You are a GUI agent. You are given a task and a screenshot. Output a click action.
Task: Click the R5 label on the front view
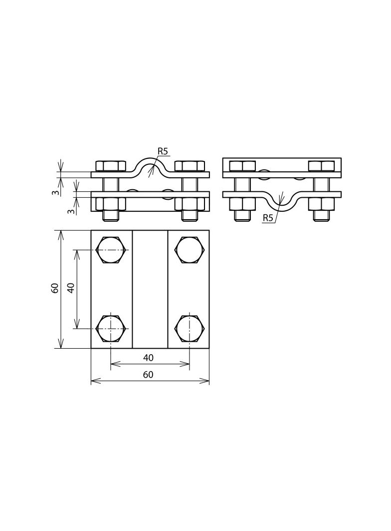(163, 151)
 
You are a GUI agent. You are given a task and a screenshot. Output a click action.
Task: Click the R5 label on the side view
(267, 218)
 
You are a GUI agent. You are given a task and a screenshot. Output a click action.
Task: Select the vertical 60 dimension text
(55, 288)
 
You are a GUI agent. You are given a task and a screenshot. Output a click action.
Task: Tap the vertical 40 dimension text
(71, 288)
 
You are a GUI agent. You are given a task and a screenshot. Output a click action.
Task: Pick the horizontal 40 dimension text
(148, 358)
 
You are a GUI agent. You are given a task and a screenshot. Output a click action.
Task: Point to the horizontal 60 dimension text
(148, 375)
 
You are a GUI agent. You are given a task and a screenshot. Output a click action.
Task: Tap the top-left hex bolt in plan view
(111, 250)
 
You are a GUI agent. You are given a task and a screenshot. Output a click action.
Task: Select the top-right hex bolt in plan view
(190, 250)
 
